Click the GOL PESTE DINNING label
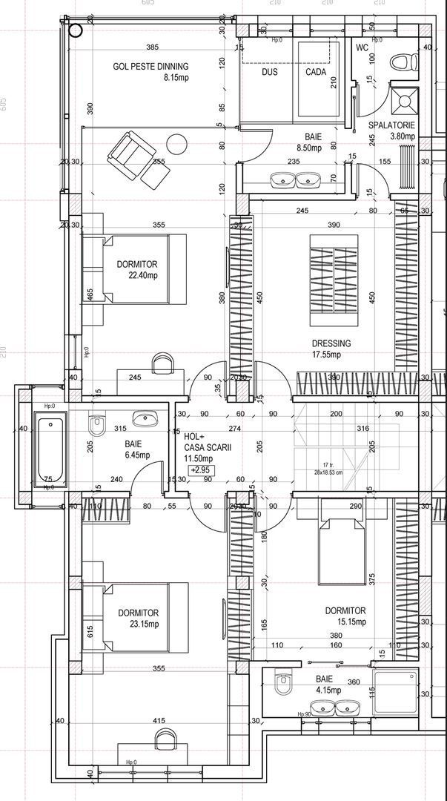pos(150,66)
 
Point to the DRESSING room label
pos(331,343)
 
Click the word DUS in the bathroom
pos(269,73)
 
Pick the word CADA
pos(316,73)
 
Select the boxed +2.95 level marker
pos(199,470)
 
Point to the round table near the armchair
pos(177,143)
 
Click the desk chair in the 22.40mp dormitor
pos(162,363)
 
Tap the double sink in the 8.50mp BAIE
pos(295,179)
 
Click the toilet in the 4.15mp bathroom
pos(281,683)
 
